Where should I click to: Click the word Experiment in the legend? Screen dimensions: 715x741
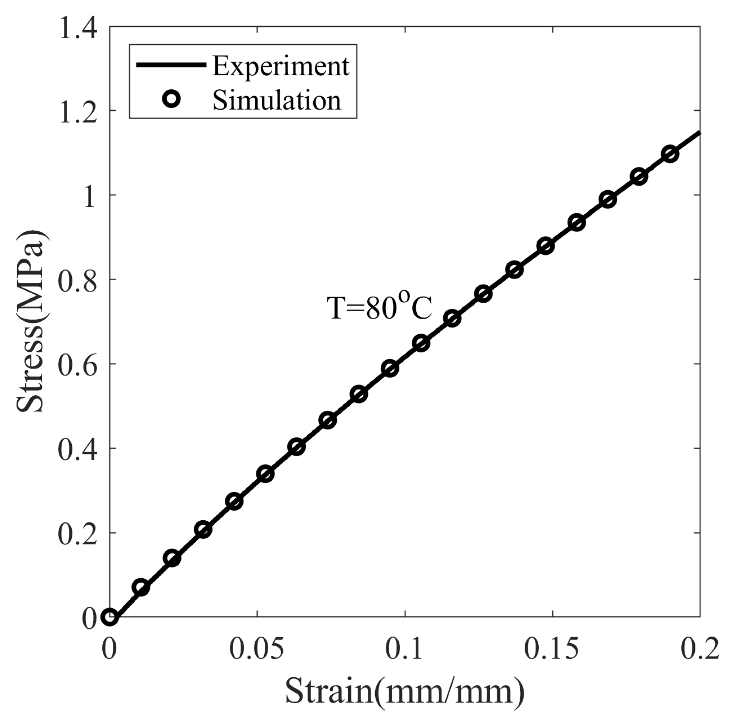pos(280,66)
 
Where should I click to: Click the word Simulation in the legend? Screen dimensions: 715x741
pos(277,100)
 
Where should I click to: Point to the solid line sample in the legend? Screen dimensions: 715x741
pos(171,65)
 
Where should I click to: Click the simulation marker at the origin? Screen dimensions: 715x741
pos(109,617)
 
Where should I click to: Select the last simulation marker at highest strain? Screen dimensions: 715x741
pos(671,154)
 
